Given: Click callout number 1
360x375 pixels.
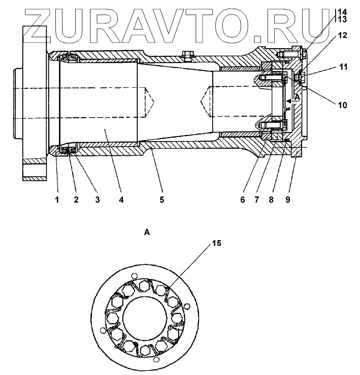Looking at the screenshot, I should coord(57,199).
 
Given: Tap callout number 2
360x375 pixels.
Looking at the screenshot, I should coord(76,199).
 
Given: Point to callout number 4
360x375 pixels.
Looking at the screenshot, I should coord(121,199).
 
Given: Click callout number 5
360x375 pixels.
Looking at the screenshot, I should coord(161,199).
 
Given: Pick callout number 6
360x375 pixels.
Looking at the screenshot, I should coord(243,199).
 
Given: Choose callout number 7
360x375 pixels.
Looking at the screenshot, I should coord(257,199).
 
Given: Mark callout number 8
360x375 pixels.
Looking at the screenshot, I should coord(272,199).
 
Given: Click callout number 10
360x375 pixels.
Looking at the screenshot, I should coord(342,105).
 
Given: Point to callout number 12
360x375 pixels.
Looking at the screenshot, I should coord(342,36).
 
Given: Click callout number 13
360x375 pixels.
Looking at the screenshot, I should coord(342,19).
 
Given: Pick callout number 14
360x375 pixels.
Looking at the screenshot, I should coord(342,11).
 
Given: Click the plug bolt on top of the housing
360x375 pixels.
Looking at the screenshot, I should coord(188,52).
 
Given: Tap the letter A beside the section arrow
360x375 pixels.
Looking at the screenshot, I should coord(298,96).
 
